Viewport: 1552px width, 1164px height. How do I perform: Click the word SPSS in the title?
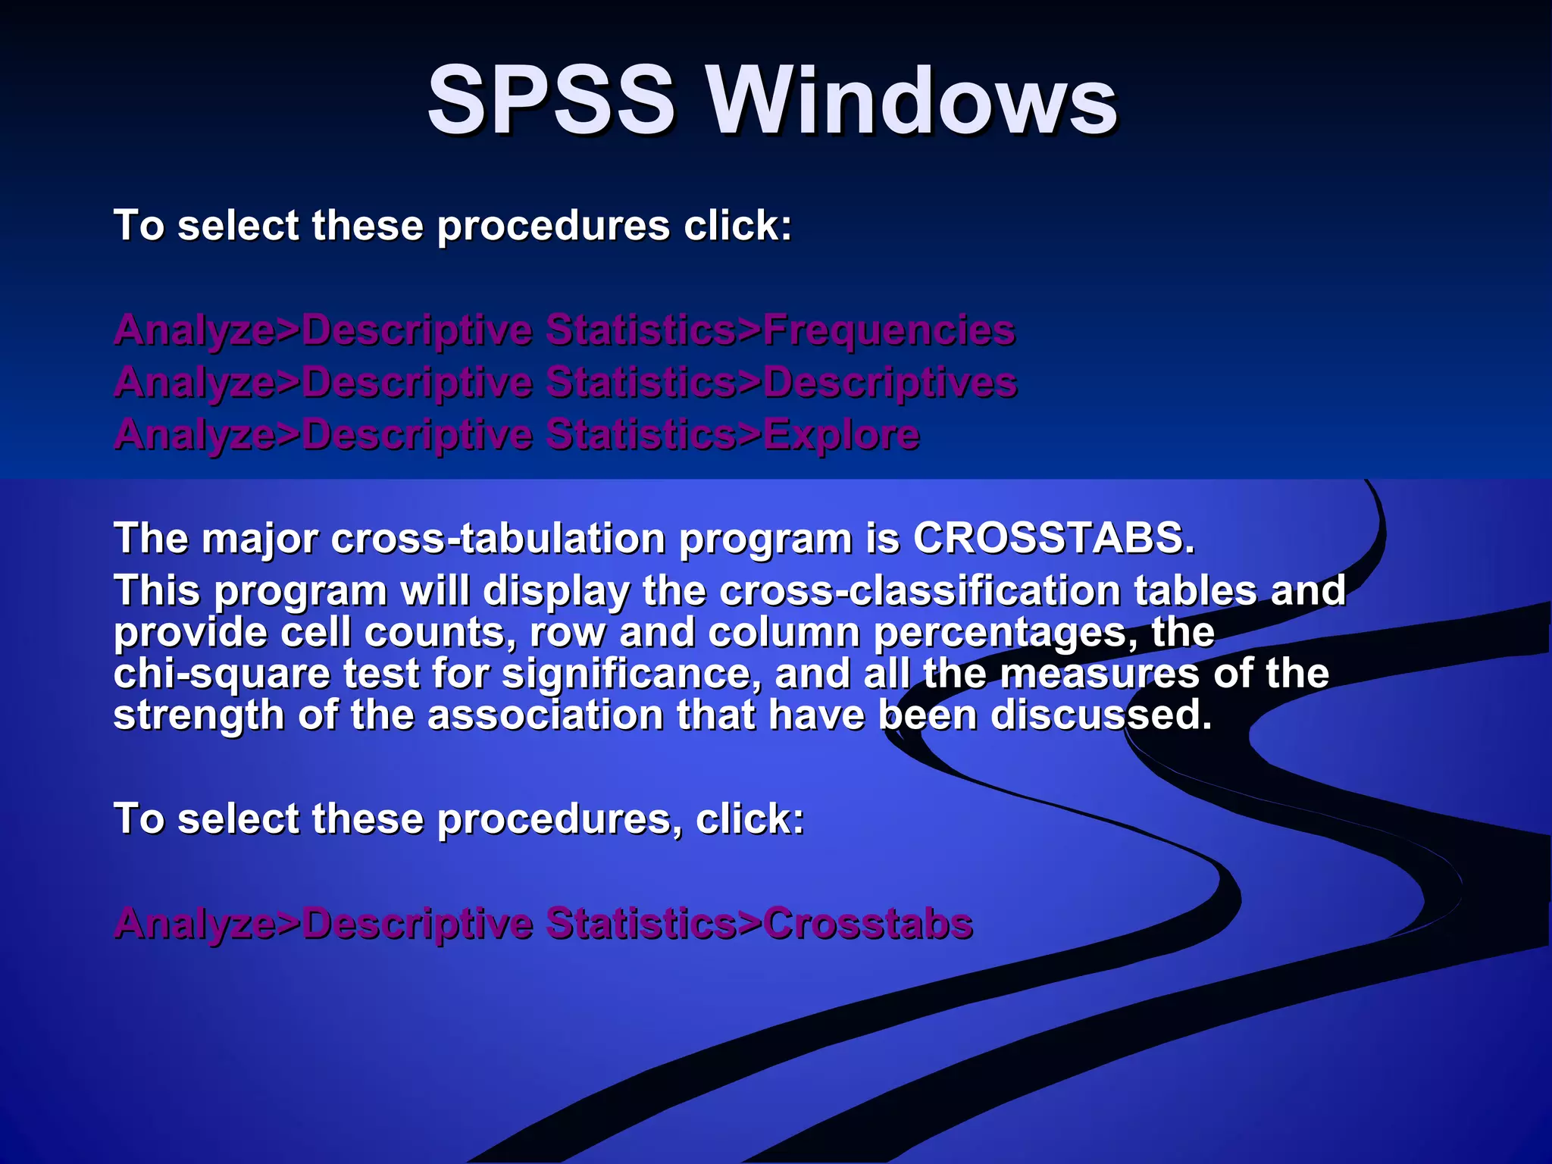551,100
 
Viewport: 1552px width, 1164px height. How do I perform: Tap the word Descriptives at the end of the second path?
890,382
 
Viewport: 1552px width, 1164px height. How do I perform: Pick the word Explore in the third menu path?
841,434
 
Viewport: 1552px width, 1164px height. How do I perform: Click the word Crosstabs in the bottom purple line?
868,923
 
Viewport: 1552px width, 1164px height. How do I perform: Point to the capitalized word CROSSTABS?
1053,538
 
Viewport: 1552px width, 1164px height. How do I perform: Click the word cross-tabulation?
499,538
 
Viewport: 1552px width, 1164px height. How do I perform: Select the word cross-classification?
919,590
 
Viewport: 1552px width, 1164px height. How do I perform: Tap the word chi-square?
222,674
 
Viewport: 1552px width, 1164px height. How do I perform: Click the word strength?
199,716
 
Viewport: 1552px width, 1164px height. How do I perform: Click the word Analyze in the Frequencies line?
194,331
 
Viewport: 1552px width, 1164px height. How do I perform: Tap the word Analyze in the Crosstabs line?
194,925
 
